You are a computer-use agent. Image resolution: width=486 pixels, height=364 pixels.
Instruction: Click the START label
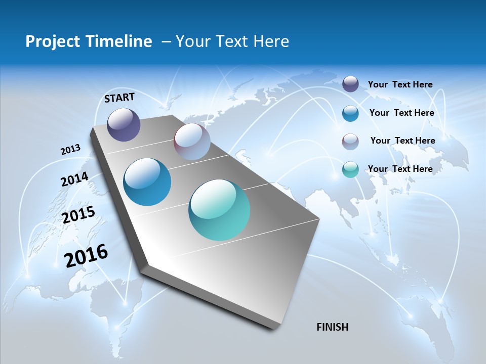(119, 98)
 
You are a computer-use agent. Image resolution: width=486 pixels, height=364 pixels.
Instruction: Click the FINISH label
(332, 327)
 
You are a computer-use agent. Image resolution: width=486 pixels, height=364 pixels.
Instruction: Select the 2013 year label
(70, 150)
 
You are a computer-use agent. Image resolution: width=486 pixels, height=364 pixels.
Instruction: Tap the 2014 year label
(74, 179)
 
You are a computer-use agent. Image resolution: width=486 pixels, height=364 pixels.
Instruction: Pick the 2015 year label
(78, 215)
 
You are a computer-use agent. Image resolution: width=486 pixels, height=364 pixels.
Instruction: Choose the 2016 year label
(86, 256)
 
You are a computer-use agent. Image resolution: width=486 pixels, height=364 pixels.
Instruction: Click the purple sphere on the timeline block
(124, 124)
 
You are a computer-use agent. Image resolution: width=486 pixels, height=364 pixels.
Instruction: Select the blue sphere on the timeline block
(147, 182)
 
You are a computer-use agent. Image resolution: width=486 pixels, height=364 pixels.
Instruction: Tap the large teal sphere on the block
(219, 210)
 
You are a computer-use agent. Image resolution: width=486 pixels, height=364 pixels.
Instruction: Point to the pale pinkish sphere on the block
(192, 142)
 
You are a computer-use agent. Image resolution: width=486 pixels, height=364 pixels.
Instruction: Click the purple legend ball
(350, 84)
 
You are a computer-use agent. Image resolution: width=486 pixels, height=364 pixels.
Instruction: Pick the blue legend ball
(350, 113)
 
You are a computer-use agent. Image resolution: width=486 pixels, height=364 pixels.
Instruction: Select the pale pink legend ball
(350, 141)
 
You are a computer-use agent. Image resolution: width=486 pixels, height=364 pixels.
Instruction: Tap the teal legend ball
(350, 169)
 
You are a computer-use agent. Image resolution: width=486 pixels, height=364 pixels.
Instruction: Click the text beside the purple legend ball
(400, 84)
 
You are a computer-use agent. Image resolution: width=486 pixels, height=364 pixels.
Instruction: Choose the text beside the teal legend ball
(400, 169)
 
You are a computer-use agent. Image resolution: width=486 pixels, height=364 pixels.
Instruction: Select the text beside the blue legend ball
(401, 113)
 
